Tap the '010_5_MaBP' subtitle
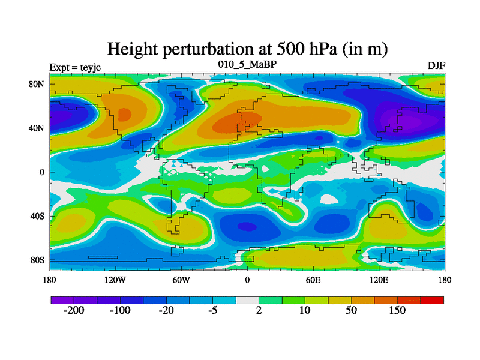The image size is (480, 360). click(247, 64)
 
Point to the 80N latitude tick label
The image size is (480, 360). click(37, 84)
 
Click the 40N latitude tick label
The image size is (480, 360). click(37, 128)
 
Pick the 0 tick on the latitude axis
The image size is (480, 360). click(43, 172)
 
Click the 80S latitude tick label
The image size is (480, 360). click(37, 260)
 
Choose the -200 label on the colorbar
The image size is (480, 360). click(74, 310)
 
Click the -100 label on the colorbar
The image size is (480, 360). click(120, 310)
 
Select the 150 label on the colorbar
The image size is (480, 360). click(397, 310)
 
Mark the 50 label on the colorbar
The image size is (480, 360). click(351, 310)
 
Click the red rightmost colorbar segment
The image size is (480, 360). click(432, 299)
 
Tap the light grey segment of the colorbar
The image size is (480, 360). click(247, 299)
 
